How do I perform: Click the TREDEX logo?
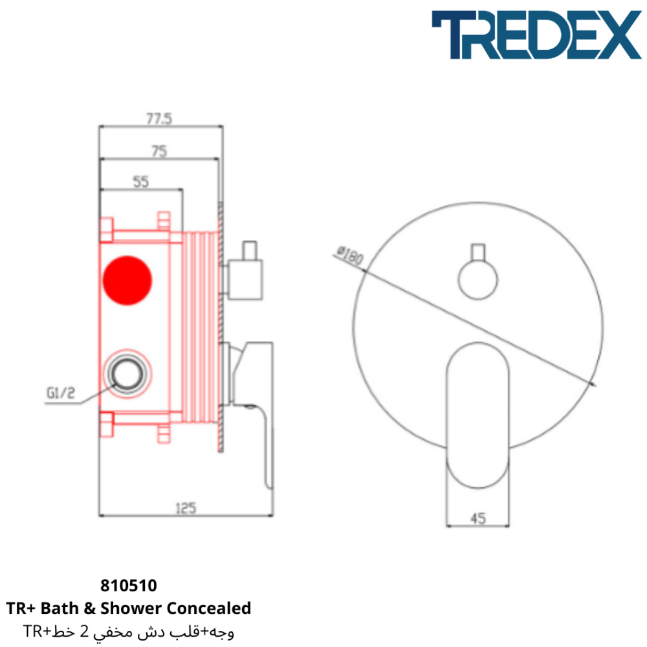point(536,35)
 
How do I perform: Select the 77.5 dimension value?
point(159,119)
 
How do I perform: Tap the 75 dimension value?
point(159,151)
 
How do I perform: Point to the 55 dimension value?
point(140,182)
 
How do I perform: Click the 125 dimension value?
point(186,508)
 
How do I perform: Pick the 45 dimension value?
point(478,518)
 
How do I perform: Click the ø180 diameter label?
point(350,256)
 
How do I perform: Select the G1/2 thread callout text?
point(61,393)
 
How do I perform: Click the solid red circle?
point(127,281)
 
